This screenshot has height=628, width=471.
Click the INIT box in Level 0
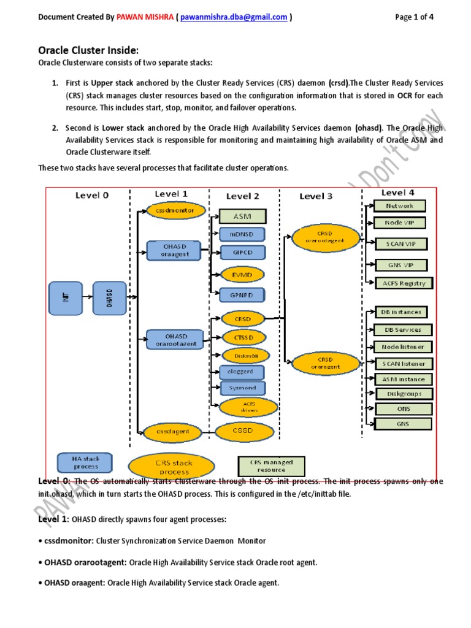(x=66, y=299)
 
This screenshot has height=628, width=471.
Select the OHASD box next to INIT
(x=110, y=299)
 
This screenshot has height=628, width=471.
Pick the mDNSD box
(x=242, y=234)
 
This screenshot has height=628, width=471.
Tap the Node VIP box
(x=398, y=223)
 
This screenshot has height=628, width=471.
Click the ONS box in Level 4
(x=403, y=408)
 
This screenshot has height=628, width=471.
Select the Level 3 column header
(x=316, y=196)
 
